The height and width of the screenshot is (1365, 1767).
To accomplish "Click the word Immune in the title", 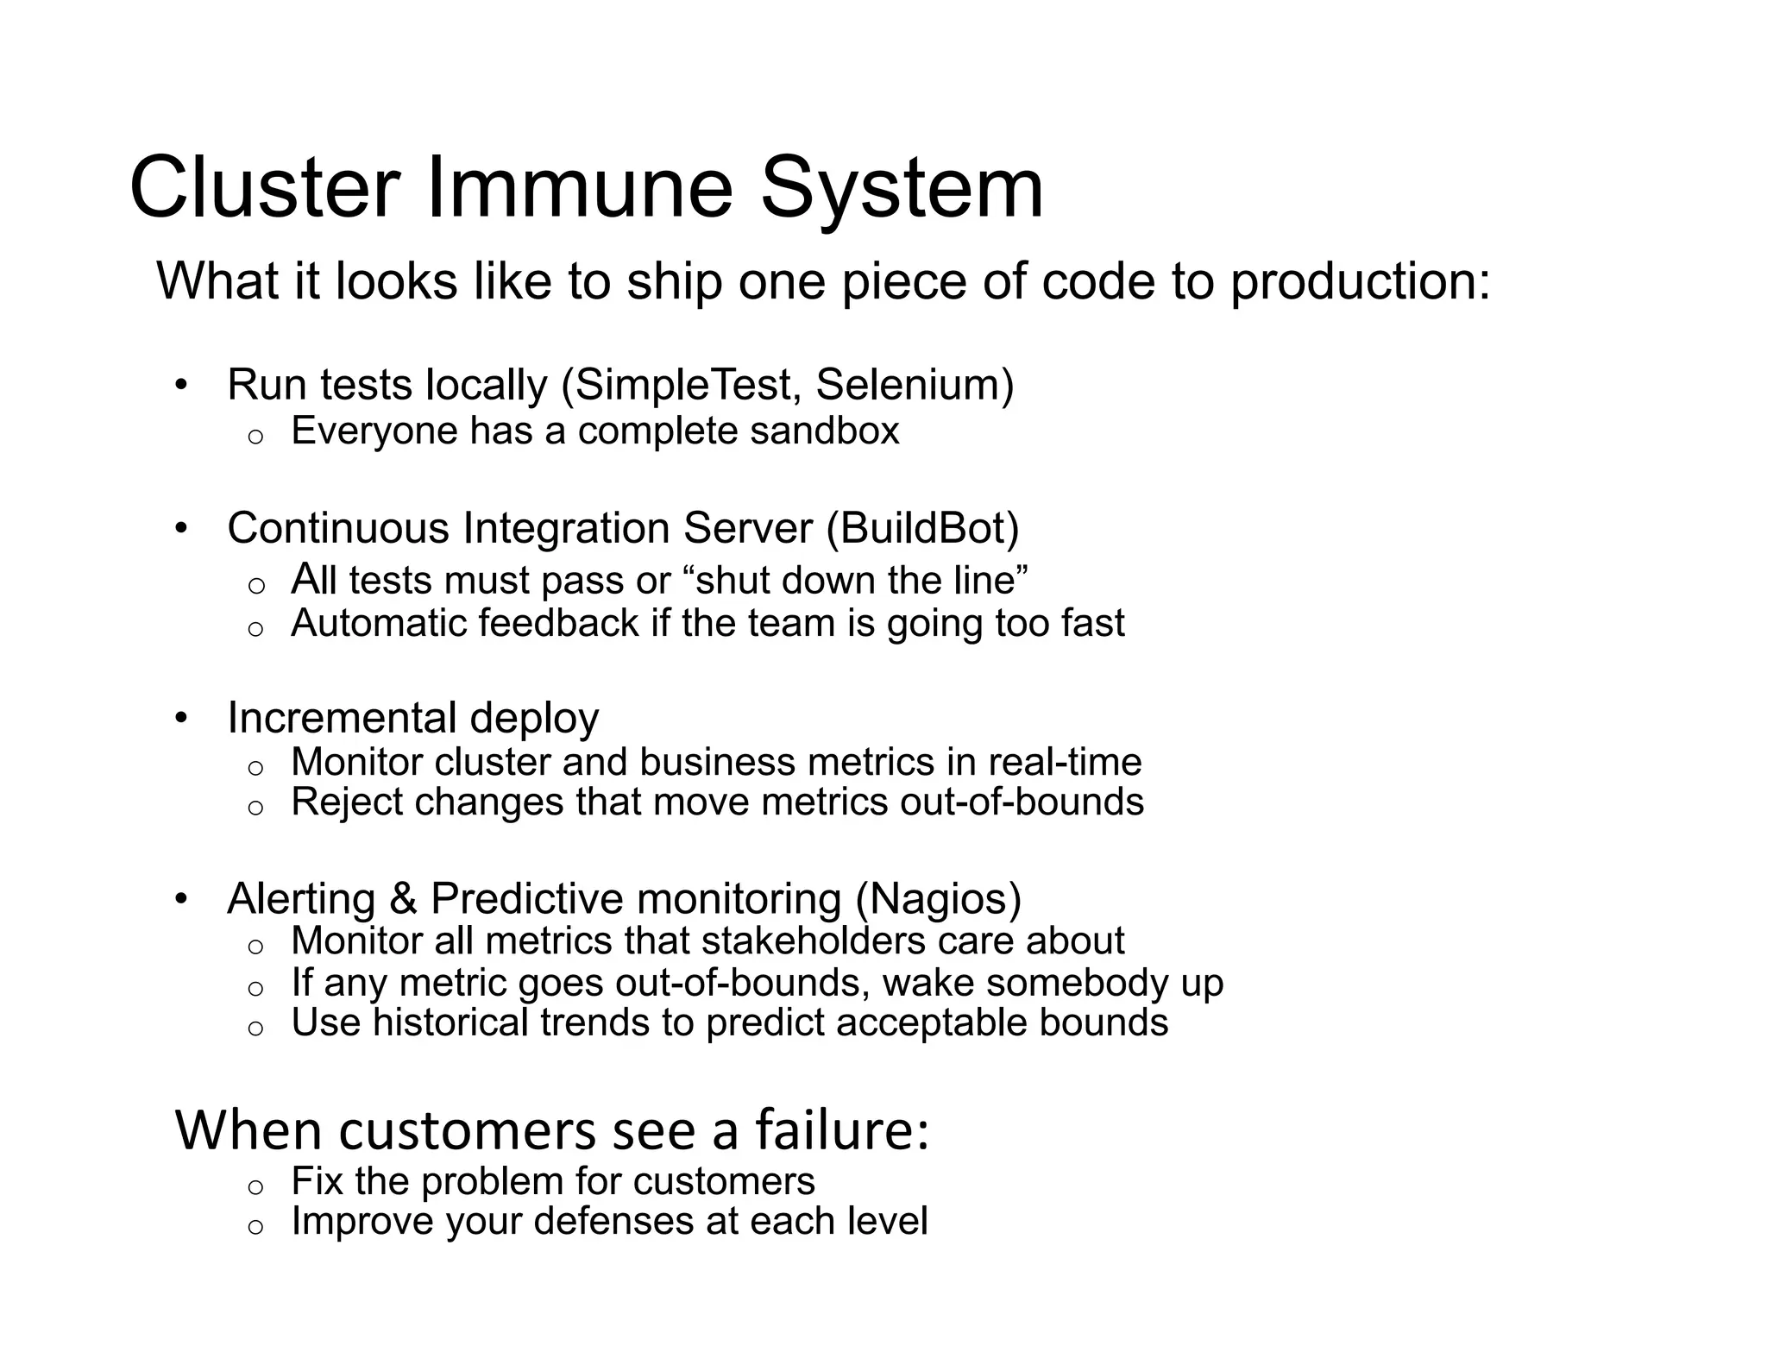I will click(x=579, y=188).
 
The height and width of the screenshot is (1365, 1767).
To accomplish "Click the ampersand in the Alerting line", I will click(x=403, y=899).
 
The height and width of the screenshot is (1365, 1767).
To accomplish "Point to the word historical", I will click(x=450, y=1023).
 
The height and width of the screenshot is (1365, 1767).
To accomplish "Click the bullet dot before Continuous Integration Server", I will click(x=180, y=528).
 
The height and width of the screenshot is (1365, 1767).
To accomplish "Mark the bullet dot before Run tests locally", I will click(x=180, y=385).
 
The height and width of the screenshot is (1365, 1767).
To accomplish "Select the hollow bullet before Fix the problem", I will click(x=255, y=1187).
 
